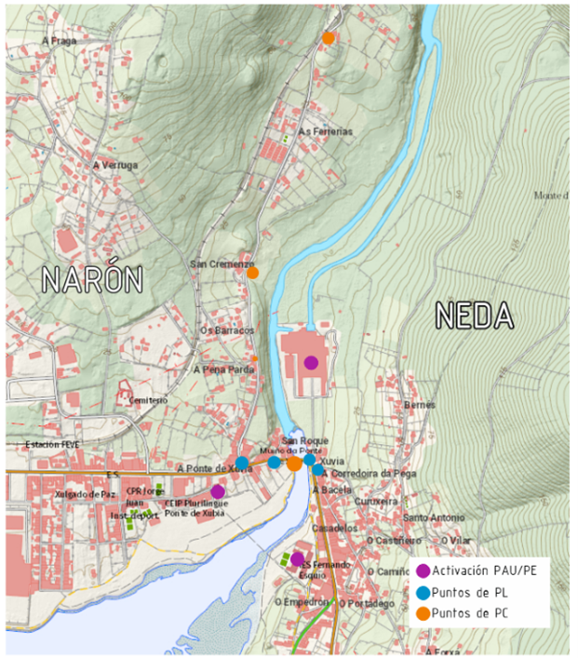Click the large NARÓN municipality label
[91, 278]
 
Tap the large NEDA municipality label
[476, 316]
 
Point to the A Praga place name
[59, 41]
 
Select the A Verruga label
[115, 166]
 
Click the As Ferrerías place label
[325, 132]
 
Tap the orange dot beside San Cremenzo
[252, 273]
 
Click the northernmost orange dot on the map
[329, 38]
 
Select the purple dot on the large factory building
[311, 362]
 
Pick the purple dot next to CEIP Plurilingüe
[218, 490]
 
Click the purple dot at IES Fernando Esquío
[297, 559]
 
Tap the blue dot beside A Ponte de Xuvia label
[242, 463]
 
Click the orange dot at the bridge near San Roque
[294, 463]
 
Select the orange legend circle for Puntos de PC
[423, 612]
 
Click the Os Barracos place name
[227, 329]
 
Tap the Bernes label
[420, 406]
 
